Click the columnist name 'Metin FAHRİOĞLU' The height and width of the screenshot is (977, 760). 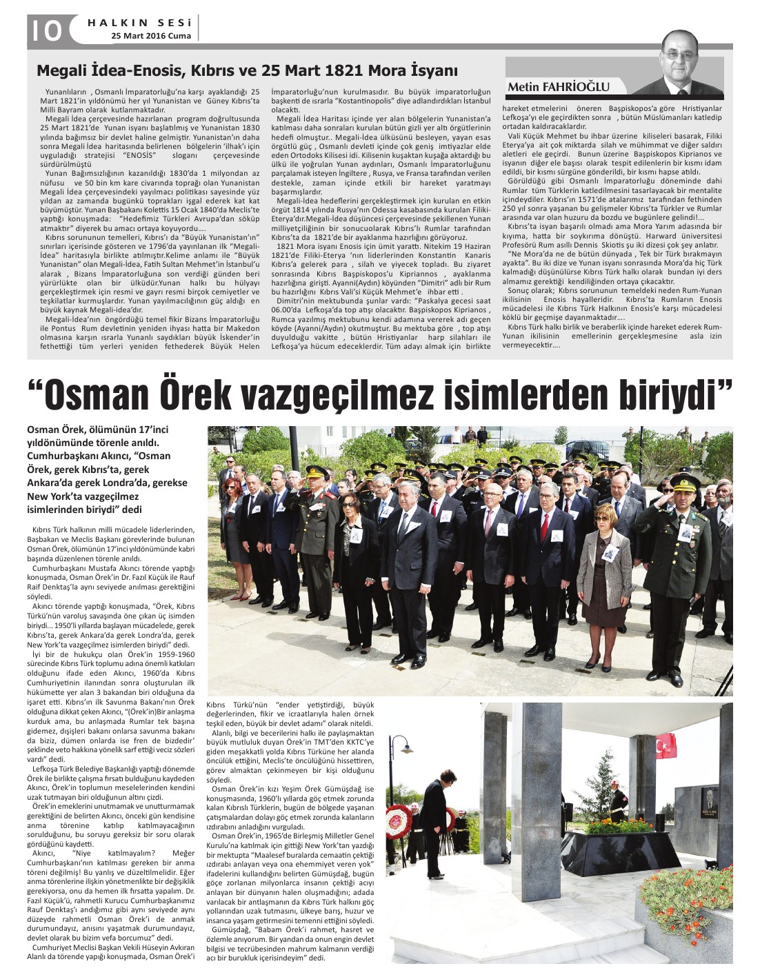(x=559, y=87)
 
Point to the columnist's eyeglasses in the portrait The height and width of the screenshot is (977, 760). (x=679, y=55)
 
